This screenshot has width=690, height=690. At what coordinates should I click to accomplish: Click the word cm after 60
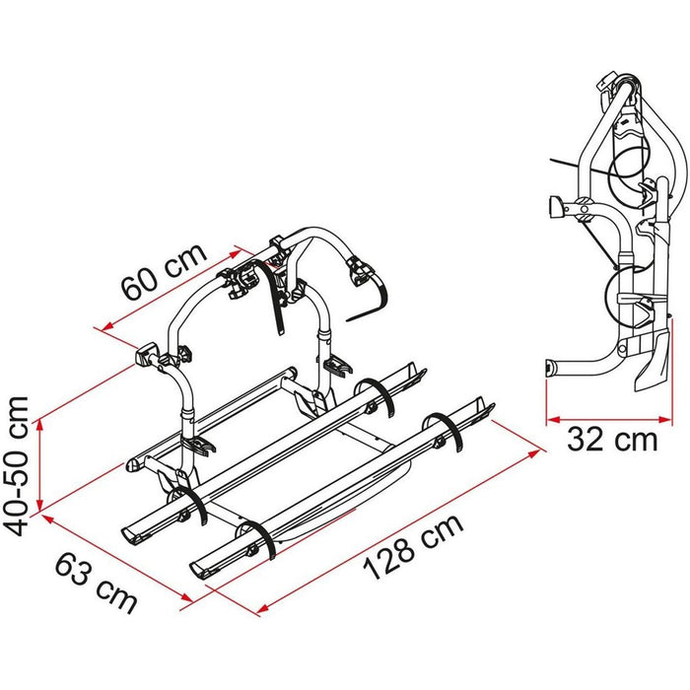pos(186,260)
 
